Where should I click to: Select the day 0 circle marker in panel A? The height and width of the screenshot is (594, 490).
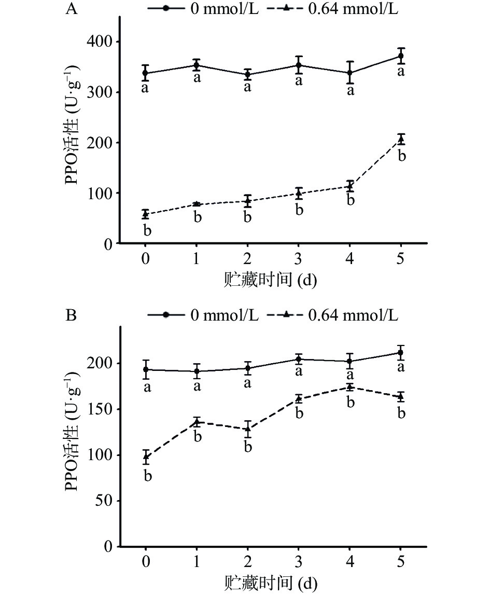[146, 73]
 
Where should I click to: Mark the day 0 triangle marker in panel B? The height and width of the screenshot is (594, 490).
[146, 457]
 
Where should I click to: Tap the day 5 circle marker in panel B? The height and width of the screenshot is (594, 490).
[400, 353]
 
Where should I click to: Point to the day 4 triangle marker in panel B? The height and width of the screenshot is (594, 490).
[349, 387]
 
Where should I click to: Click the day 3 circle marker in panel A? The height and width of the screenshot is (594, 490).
[299, 65]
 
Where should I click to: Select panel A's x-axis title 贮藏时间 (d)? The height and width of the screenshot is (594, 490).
[271, 281]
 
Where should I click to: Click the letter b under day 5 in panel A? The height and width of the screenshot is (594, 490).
[401, 156]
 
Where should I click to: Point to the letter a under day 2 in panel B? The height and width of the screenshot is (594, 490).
[248, 383]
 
